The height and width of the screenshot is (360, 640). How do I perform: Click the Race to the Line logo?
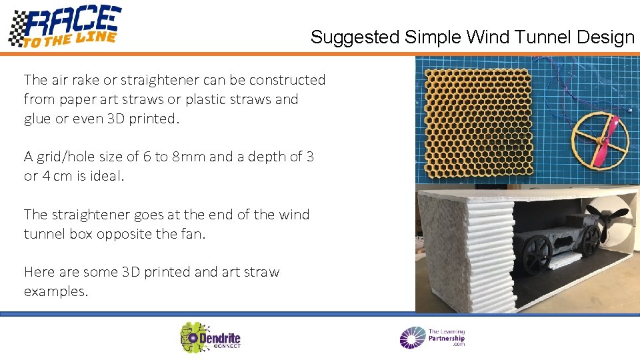[65, 27]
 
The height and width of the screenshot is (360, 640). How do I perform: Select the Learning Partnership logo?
[432, 337]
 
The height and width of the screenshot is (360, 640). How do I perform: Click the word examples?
[55, 291]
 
